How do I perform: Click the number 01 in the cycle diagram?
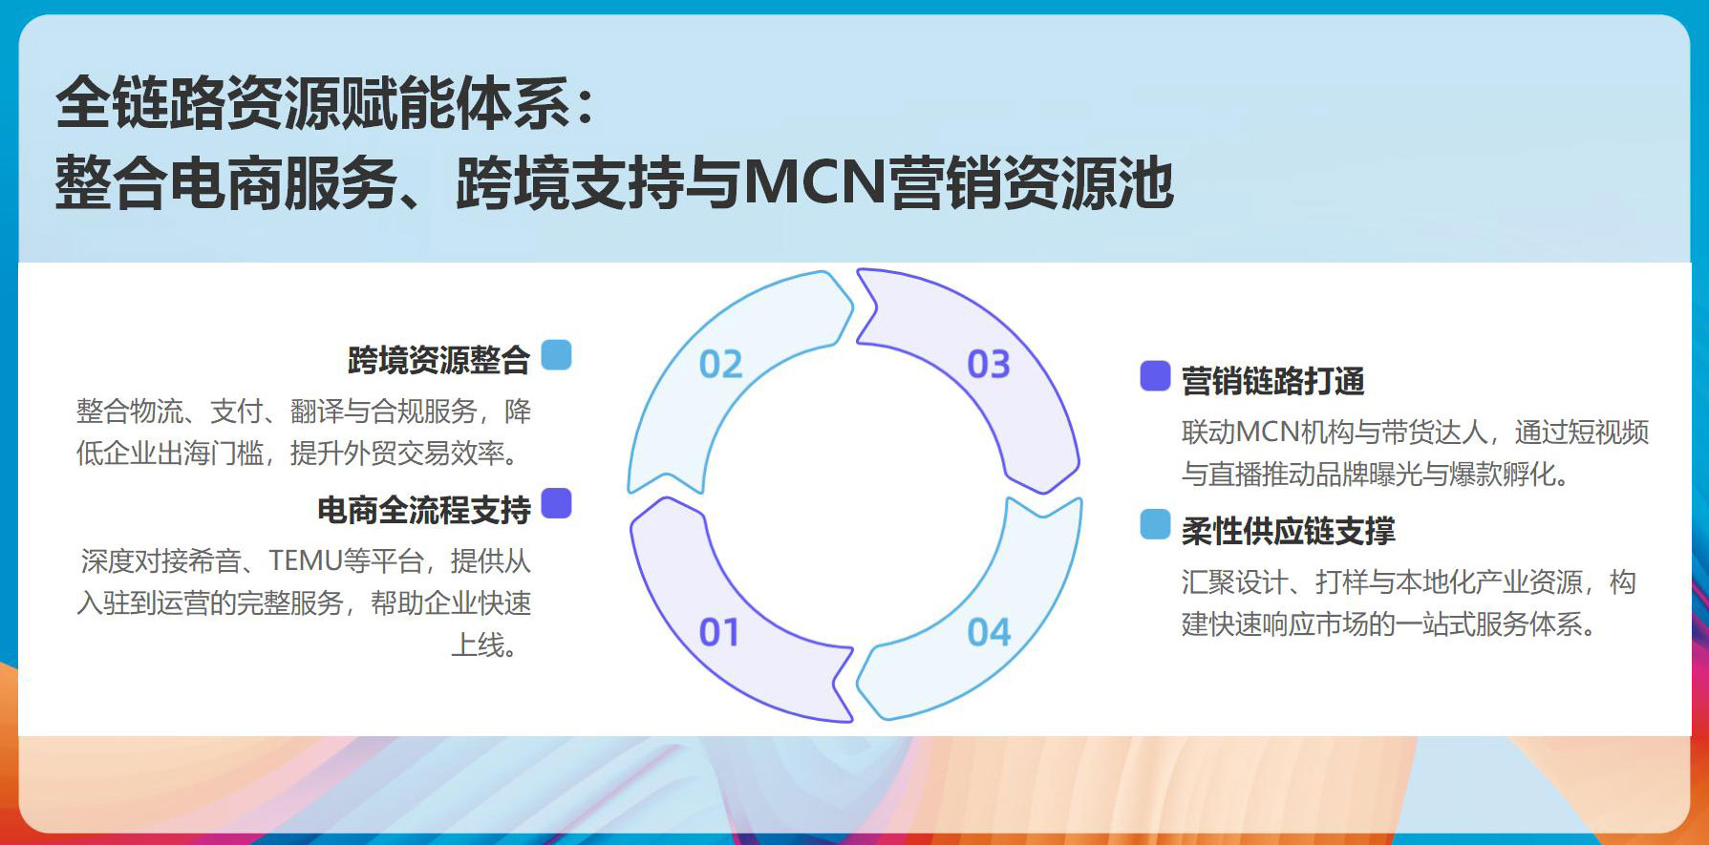(x=719, y=632)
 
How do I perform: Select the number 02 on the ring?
(x=720, y=364)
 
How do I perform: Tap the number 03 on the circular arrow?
(x=989, y=364)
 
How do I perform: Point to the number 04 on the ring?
(x=989, y=632)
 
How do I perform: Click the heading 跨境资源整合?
(x=438, y=360)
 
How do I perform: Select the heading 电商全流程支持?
(x=423, y=510)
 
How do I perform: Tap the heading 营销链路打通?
(x=1272, y=381)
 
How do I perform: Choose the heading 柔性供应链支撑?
(x=1288, y=531)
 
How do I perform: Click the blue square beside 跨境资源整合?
(x=556, y=355)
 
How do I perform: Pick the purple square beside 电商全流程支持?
(x=556, y=503)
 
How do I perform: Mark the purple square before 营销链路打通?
(x=1155, y=376)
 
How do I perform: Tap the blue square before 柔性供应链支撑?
(x=1155, y=524)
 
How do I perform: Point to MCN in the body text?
(x=1268, y=433)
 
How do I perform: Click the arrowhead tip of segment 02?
(x=852, y=307)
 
